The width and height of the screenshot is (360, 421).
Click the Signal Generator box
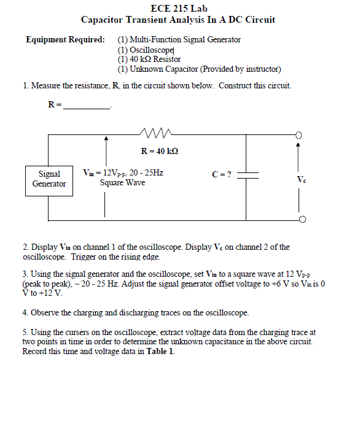49,179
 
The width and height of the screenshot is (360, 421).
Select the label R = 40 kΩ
159,151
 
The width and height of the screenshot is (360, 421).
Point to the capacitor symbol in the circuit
248,175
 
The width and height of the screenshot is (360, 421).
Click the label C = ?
221,174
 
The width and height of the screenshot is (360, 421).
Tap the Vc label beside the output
300,180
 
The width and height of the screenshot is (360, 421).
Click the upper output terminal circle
299,136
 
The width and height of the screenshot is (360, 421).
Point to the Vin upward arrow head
107,142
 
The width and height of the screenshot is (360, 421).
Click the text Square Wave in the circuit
122,183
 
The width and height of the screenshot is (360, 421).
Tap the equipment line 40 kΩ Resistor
149,60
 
